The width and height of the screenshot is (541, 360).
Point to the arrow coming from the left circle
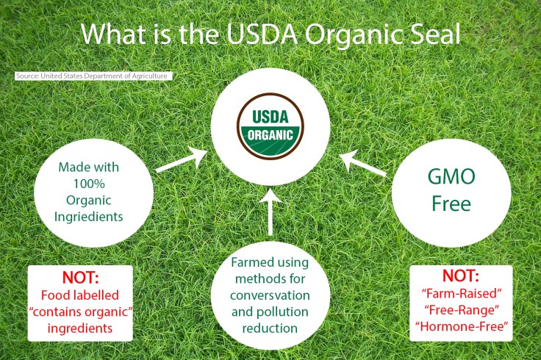coord(181,161)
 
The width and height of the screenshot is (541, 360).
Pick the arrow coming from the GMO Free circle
coord(363,163)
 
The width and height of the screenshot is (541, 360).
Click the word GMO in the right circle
coord(451,179)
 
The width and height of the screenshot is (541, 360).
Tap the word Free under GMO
coord(451,204)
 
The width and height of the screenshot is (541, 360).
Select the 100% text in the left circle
coord(93,184)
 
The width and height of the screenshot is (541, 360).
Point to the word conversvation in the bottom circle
coord(270,295)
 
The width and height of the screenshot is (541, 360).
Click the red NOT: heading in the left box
coord(80,279)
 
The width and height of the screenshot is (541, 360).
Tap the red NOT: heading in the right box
coord(460,277)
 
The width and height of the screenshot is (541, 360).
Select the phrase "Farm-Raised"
coord(461,295)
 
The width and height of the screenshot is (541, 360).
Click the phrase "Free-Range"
coord(461,312)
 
